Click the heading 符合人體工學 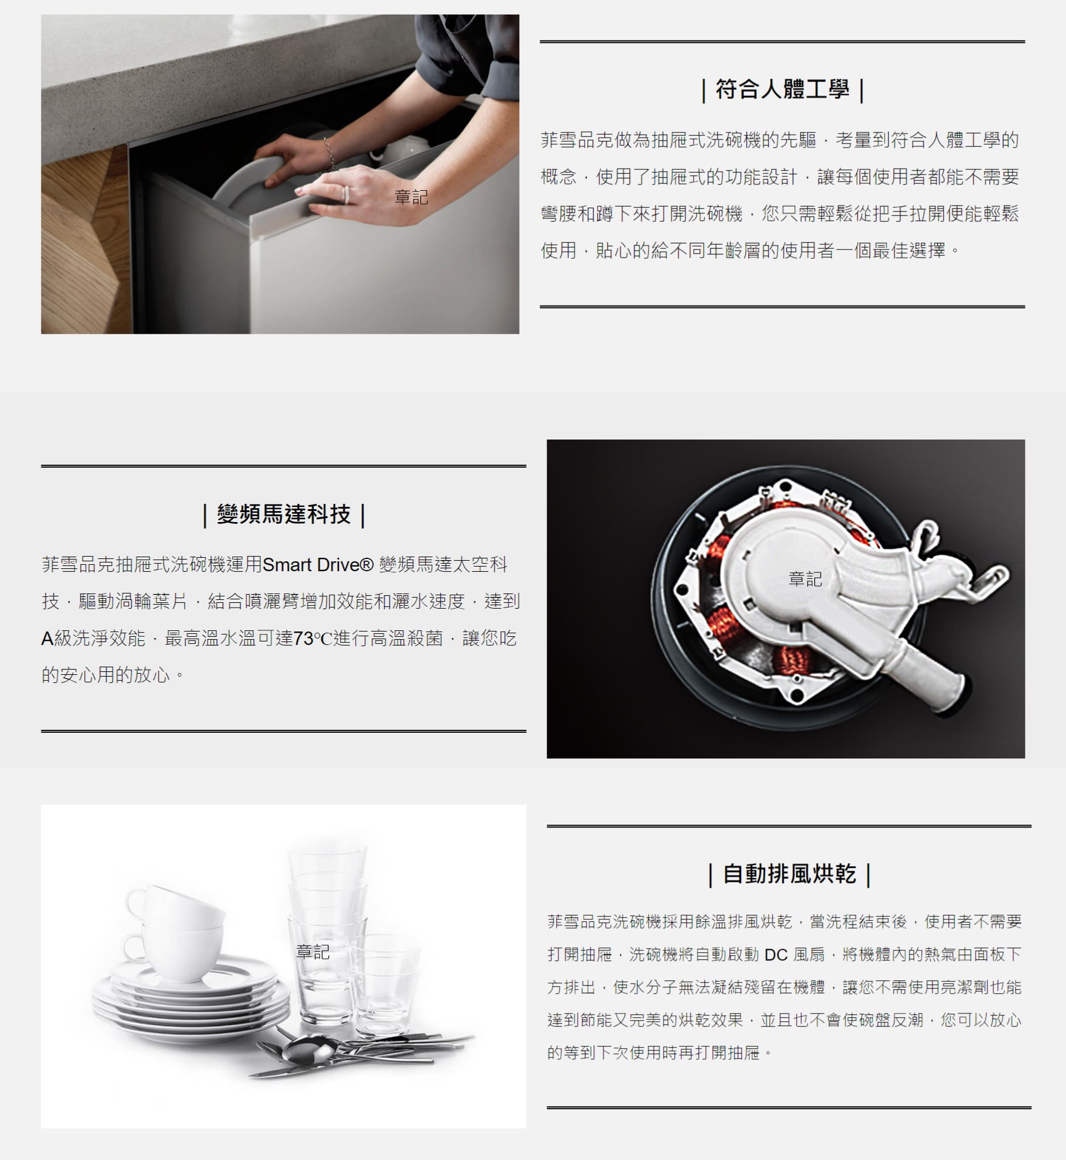[782, 90]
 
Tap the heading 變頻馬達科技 [283, 514]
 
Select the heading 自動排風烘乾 [789, 874]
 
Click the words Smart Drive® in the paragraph [318, 565]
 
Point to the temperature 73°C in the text [313, 638]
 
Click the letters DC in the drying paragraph [776, 955]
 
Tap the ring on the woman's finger [346, 194]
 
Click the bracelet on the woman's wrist [330, 154]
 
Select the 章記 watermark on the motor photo [806, 579]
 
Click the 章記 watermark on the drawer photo [412, 197]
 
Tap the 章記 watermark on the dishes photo [313, 952]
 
